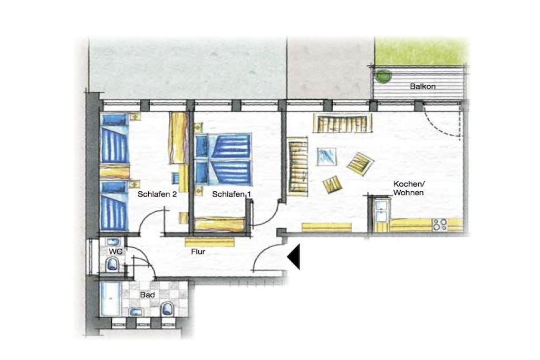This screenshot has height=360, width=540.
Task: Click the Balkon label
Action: point(422,86)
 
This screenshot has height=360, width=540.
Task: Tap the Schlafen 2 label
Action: point(157,194)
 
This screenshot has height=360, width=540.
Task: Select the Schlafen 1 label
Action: point(232,194)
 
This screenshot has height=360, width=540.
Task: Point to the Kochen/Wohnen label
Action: point(409,188)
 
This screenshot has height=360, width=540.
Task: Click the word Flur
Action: point(198,251)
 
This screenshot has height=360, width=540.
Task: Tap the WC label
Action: point(115,251)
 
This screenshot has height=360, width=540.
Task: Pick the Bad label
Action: point(148,295)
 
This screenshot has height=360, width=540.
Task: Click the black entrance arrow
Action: point(293,256)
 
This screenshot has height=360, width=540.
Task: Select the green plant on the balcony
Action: point(383,75)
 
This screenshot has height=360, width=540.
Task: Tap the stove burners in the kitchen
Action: point(440,225)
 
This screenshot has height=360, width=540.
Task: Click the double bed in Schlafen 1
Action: point(223,160)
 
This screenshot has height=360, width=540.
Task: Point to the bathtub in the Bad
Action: point(111,299)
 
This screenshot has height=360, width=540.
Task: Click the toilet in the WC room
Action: point(113,264)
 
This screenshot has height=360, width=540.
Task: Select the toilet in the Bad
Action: point(168,308)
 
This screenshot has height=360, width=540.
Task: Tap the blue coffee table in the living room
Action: point(326,157)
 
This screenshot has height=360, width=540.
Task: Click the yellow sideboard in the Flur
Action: point(209,242)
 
